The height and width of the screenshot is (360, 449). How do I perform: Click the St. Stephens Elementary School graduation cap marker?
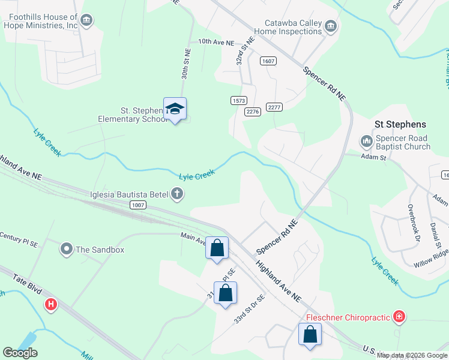click(x=175, y=109)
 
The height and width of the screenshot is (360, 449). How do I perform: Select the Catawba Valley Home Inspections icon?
click(x=331, y=26)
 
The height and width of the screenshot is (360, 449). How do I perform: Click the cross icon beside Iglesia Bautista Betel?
click(x=176, y=193)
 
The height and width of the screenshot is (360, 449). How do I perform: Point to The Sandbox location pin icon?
click(x=67, y=248)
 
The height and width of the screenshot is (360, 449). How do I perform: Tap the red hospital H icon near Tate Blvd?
click(x=52, y=305)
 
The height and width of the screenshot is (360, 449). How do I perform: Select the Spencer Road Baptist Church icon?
click(x=367, y=142)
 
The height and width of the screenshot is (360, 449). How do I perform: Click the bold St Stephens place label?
click(x=400, y=124)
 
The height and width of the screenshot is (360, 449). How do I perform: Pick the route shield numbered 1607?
click(x=268, y=61)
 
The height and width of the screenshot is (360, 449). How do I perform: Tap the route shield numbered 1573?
click(x=238, y=100)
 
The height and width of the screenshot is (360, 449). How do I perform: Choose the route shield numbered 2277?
click(x=274, y=107)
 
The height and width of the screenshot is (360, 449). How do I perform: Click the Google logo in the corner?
click(x=20, y=352)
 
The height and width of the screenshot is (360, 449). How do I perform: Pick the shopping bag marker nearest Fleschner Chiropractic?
click(x=310, y=334)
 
